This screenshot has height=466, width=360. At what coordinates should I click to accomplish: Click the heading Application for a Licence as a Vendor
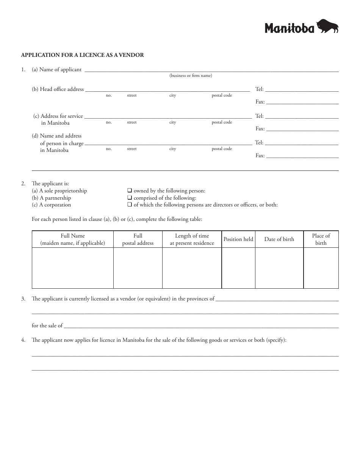[82, 55]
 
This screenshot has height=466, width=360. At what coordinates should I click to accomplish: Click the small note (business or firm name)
[191, 75]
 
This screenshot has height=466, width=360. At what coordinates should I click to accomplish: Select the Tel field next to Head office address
[302, 89]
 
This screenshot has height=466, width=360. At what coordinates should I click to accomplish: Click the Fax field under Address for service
[302, 129]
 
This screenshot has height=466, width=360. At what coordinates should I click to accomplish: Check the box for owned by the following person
[130, 191]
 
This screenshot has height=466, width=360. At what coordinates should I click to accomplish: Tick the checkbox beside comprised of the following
[130, 198]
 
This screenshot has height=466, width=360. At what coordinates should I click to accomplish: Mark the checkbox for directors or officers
[130, 205]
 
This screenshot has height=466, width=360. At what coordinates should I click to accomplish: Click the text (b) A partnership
[52, 198]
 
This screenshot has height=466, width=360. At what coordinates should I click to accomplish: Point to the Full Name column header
[73, 239]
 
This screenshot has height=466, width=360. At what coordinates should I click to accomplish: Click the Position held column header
[238, 239]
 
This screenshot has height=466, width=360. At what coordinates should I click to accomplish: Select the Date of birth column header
[279, 239]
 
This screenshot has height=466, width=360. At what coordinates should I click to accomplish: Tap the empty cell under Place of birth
[321, 268]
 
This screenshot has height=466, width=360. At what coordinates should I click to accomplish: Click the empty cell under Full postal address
[138, 268]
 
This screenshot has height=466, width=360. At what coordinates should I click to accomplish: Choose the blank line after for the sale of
[201, 325]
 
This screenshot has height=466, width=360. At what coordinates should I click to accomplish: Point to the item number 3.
[23, 299]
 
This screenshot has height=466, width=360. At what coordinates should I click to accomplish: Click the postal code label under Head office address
[222, 95]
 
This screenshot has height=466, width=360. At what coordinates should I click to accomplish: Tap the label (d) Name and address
[56, 136]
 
